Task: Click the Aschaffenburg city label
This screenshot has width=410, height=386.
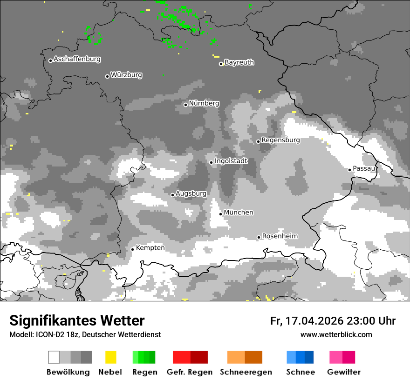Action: (77, 60)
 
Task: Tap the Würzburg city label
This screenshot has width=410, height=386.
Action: (126, 75)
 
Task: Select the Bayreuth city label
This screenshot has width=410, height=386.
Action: (239, 62)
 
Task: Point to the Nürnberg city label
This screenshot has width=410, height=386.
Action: (204, 104)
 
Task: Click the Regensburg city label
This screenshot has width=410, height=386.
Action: (280, 140)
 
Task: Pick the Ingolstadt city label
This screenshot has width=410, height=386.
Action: (231, 161)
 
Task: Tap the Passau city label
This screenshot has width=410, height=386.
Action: (364, 168)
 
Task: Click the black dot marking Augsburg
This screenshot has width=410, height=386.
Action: (172, 195)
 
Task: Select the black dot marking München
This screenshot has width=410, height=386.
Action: (221, 214)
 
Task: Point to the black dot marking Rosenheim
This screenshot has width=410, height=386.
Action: (259, 237)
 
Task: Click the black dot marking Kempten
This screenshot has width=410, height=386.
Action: (133, 249)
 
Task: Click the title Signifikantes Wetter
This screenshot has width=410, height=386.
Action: (77, 321)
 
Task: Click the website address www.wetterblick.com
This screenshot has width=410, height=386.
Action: (336, 334)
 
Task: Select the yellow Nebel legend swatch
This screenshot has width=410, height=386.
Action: (110, 357)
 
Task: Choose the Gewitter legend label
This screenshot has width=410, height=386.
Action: (343, 372)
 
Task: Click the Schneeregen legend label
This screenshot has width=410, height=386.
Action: (245, 372)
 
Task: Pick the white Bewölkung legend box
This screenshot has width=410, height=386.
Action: (54, 357)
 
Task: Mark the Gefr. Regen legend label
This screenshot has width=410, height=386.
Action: (190, 372)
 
